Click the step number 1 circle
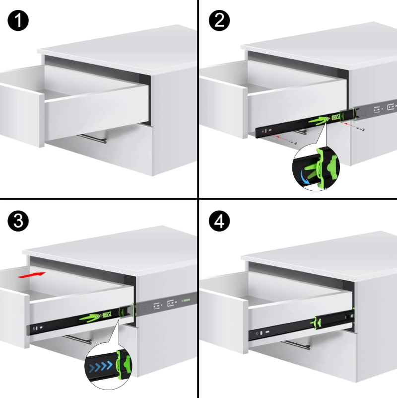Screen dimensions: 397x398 pyautogui.click(x=18, y=20)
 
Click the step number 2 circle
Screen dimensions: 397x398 pyautogui.click(x=219, y=20)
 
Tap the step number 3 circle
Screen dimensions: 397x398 pyautogui.click(x=18, y=221)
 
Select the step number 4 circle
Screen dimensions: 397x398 pyautogui.click(x=219, y=221)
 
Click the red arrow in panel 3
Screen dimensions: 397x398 pyautogui.click(x=32, y=275)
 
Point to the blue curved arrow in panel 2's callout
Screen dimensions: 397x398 pyautogui.click(x=304, y=177)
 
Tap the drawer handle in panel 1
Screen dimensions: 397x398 pyautogui.click(x=92, y=139)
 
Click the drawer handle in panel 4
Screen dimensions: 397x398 pyautogui.click(x=296, y=345)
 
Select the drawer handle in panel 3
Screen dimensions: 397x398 pyautogui.click(x=77, y=340)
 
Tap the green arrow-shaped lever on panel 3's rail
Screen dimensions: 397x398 pyautogui.click(x=90, y=318)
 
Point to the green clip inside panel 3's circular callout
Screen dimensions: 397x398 pyautogui.click(x=124, y=363)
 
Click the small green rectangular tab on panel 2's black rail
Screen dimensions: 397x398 pyautogui.click(x=336, y=117)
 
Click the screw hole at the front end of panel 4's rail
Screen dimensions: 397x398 pyautogui.click(x=258, y=333)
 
